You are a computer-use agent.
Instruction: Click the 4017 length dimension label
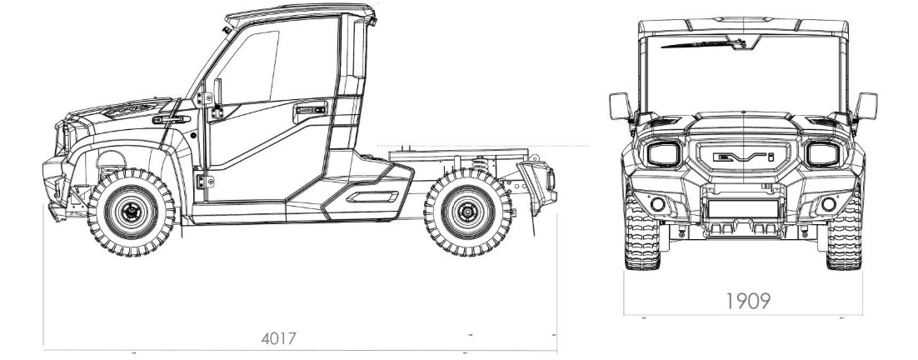point(279,338)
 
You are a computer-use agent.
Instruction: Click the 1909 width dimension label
point(747,301)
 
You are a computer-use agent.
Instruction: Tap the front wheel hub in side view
point(132,212)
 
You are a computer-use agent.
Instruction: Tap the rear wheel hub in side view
point(468,212)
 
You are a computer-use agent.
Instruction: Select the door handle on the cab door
point(310,109)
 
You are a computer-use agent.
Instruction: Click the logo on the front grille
point(744,157)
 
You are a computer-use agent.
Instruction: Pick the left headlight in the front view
point(663,154)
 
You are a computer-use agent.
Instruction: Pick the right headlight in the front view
point(822,154)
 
